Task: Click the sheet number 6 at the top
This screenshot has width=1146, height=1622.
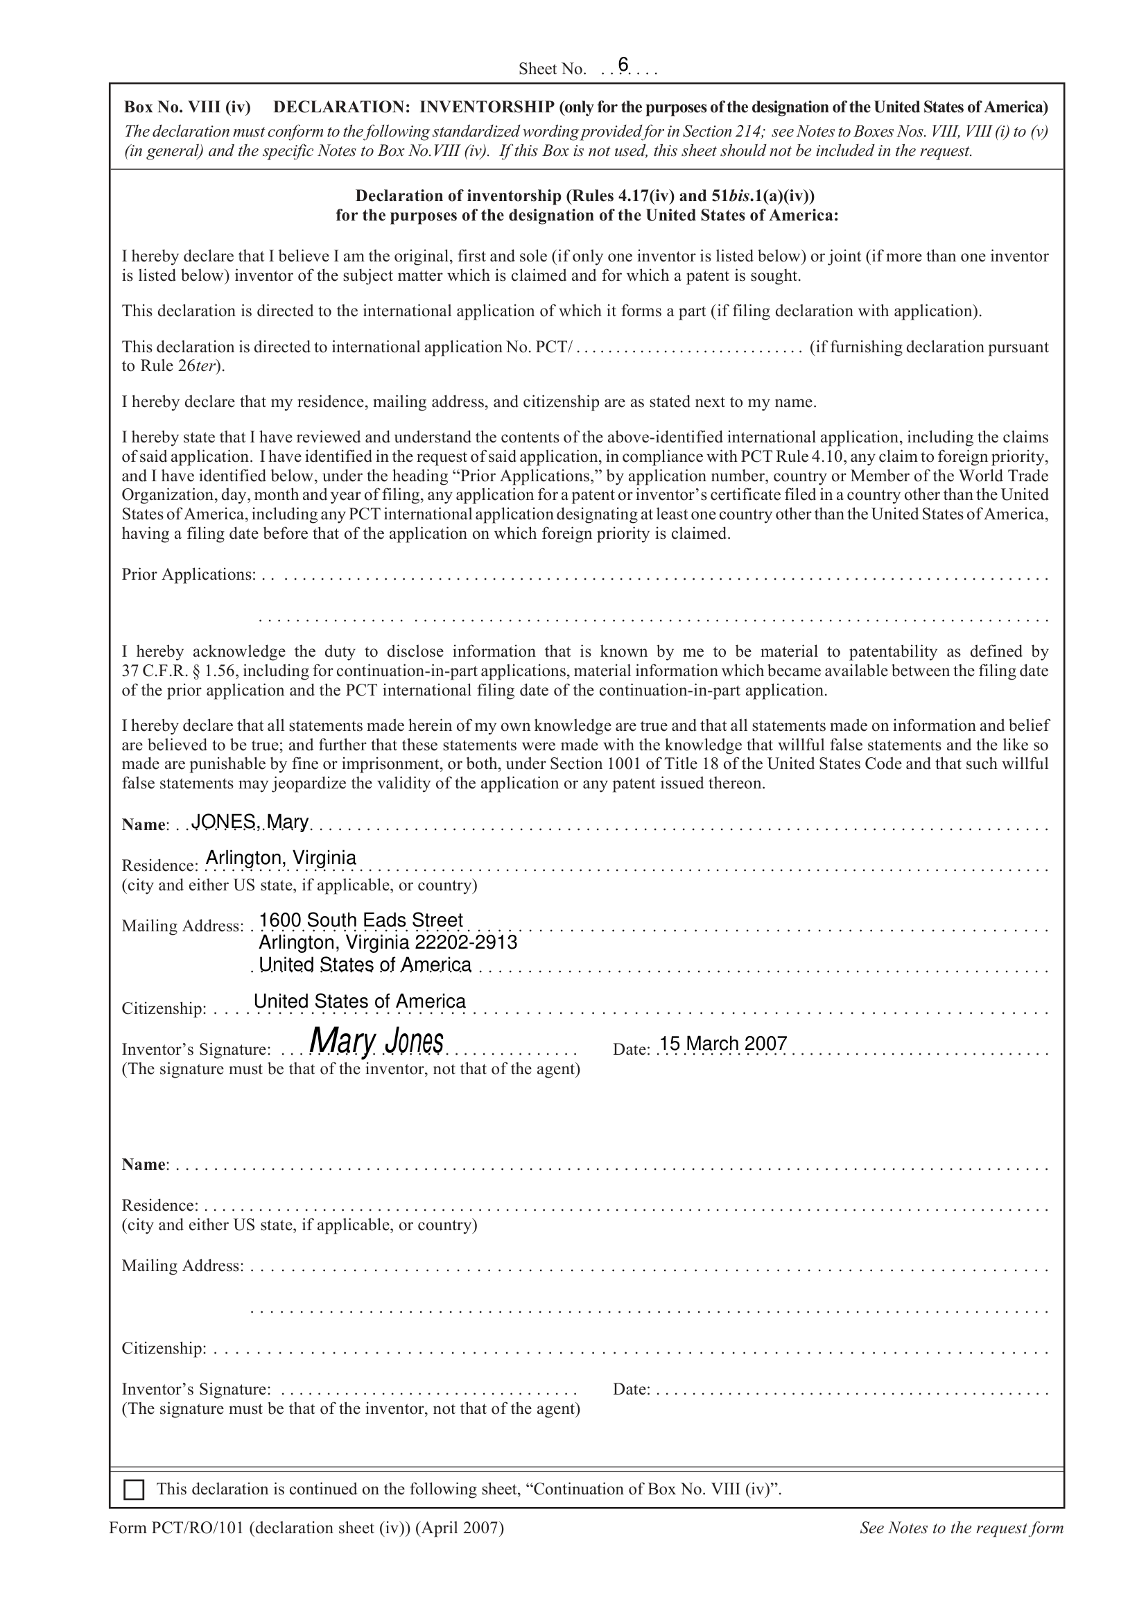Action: (623, 65)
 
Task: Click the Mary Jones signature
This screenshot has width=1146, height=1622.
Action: (376, 1041)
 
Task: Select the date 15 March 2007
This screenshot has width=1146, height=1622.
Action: (723, 1044)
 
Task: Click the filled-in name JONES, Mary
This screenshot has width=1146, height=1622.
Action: (250, 822)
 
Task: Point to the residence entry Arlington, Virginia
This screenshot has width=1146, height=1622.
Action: (280, 858)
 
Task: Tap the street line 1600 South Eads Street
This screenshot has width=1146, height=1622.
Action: (361, 920)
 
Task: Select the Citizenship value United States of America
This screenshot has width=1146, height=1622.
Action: (359, 1001)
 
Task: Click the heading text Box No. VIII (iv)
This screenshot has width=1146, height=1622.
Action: (187, 107)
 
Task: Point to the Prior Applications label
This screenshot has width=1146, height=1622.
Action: (188, 574)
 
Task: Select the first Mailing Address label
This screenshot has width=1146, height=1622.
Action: (182, 926)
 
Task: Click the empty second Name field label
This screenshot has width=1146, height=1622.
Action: (144, 1164)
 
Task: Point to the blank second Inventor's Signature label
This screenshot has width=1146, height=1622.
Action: (196, 1389)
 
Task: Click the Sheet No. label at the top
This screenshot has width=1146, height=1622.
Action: (552, 69)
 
